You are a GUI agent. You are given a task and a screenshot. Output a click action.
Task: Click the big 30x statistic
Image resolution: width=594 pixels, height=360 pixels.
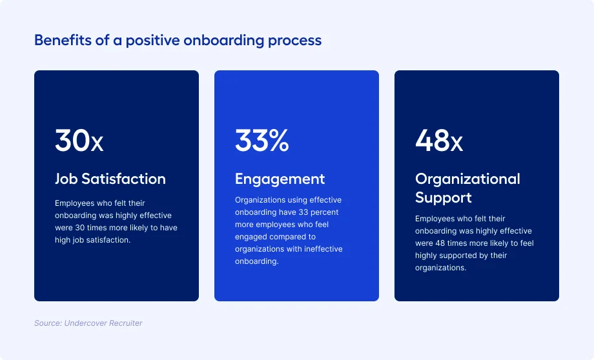pos(79,141)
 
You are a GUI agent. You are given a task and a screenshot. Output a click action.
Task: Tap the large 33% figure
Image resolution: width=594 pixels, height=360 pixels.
pos(261,141)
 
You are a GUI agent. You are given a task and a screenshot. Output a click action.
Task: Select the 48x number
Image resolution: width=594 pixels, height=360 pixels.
pos(438,141)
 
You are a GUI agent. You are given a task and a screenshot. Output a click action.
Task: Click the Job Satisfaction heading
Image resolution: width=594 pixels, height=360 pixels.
pos(110,179)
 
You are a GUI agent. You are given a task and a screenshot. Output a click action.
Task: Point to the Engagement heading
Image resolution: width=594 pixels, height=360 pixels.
pos(280,179)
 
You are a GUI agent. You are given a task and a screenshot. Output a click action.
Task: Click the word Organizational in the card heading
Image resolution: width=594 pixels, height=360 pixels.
pos(467,179)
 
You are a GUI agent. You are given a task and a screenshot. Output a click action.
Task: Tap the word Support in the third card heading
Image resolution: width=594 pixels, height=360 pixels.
pos(443,197)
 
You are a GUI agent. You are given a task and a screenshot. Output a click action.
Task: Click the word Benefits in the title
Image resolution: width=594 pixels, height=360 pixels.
pos(63,40)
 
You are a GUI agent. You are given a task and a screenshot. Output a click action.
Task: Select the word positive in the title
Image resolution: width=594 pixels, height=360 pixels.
pos(152,41)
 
